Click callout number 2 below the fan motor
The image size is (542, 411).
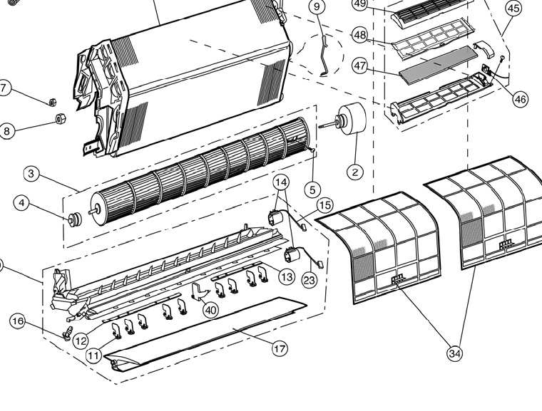point(355,171)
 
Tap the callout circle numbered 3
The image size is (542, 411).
point(31,173)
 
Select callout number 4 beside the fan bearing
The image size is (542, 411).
point(22,204)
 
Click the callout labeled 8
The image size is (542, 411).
point(6,131)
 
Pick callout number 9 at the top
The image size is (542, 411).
point(317,7)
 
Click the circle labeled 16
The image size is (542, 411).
point(17,322)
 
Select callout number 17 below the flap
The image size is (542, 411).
point(280,348)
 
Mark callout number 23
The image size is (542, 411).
point(309,281)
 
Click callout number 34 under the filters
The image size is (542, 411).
point(454,353)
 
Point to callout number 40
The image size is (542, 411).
point(210,310)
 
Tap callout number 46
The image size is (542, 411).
point(520,99)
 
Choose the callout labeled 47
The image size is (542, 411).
point(360,66)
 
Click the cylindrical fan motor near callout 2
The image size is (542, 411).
point(350,118)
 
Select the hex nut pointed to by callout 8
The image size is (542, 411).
point(60,118)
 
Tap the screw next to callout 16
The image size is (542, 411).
point(68,333)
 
